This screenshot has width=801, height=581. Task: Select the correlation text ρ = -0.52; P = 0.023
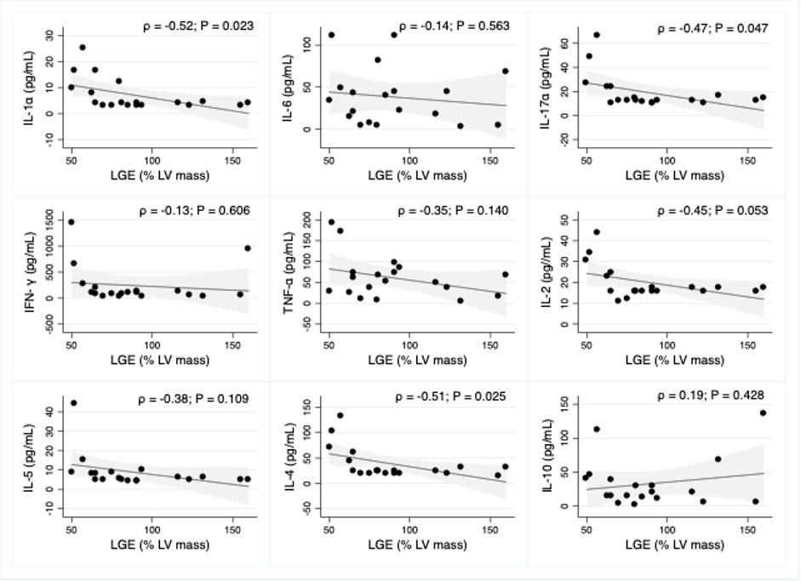point(197,27)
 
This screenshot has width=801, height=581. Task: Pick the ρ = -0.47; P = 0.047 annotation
point(713,28)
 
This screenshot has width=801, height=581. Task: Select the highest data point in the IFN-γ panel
point(72,222)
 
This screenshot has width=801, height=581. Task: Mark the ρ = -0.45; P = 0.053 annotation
point(713,210)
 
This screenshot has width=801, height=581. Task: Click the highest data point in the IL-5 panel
point(73,403)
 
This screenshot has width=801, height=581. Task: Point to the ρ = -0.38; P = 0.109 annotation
point(197,396)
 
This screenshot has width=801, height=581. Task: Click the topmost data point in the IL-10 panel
point(763,413)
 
